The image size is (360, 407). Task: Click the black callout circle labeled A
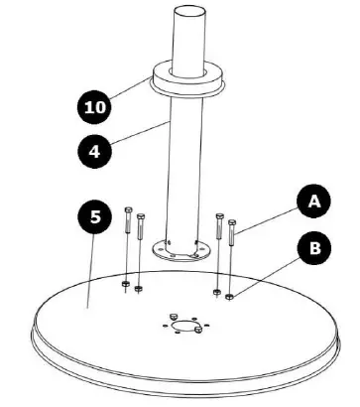[x=313, y=203]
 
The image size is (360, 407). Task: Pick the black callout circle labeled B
[x=314, y=248]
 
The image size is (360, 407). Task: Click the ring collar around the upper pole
[x=186, y=79]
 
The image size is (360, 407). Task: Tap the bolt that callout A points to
[x=232, y=235]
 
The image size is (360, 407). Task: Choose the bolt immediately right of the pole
[x=217, y=229]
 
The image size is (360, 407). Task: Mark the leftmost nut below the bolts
[x=126, y=284]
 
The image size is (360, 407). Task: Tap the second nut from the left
[x=139, y=289]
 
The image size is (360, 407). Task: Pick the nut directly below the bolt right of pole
[x=216, y=291]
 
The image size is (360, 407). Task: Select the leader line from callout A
[x=268, y=217]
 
